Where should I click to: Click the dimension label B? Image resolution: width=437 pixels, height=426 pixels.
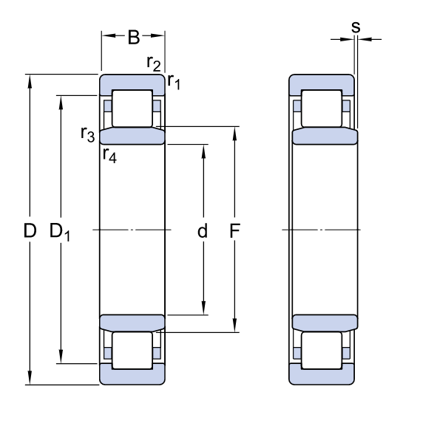click(x=133, y=38)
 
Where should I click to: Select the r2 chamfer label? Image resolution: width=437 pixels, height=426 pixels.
click(x=153, y=64)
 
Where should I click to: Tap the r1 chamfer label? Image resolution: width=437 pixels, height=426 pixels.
click(x=174, y=80)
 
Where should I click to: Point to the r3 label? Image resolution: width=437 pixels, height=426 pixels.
click(x=87, y=134)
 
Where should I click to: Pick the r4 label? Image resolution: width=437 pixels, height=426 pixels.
click(x=109, y=154)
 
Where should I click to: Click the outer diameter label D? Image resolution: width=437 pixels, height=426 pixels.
click(x=30, y=231)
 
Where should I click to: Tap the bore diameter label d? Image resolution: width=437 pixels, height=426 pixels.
click(x=202, y=231)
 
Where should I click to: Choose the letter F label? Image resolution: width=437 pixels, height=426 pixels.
click(x=234, y=231)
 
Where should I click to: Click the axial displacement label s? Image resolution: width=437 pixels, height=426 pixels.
click(x=356, y=27)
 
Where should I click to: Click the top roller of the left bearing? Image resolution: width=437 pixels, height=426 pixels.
click(x=132, y=108)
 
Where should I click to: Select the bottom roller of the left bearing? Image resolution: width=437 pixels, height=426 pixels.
click(x=132, y=351)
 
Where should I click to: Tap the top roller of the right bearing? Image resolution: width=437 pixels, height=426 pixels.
click(x=322, y=108)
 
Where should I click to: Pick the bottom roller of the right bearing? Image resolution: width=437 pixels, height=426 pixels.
click(x=322, y=351)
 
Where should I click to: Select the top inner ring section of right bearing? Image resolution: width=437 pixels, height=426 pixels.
click(x=325, y=137)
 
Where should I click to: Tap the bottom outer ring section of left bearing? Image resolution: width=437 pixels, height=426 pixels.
click(x=132, y=374)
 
